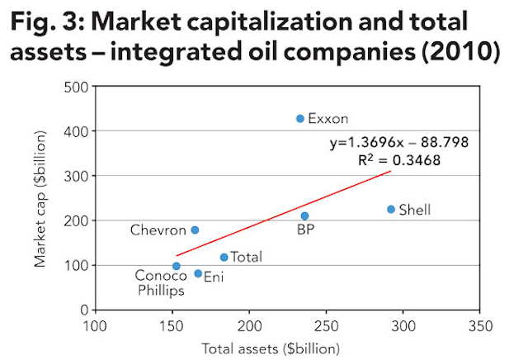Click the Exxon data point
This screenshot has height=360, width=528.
coord(300,119)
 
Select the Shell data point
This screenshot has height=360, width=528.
coord(391,210)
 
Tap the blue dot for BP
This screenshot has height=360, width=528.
coord(304,216)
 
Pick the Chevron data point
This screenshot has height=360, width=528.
coord(195,230)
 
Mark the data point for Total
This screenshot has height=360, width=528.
coord(224,258)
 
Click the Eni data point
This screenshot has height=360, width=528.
coord(198,273)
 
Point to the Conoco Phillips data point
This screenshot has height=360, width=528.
coord(177,266)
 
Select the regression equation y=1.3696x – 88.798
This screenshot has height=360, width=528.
coord(398,143)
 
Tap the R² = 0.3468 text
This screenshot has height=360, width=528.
coord(398,160)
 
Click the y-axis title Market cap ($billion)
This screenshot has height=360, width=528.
coord(40,198)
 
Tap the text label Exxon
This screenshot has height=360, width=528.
coord(328,119)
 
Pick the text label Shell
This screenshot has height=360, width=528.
coord(415,210)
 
